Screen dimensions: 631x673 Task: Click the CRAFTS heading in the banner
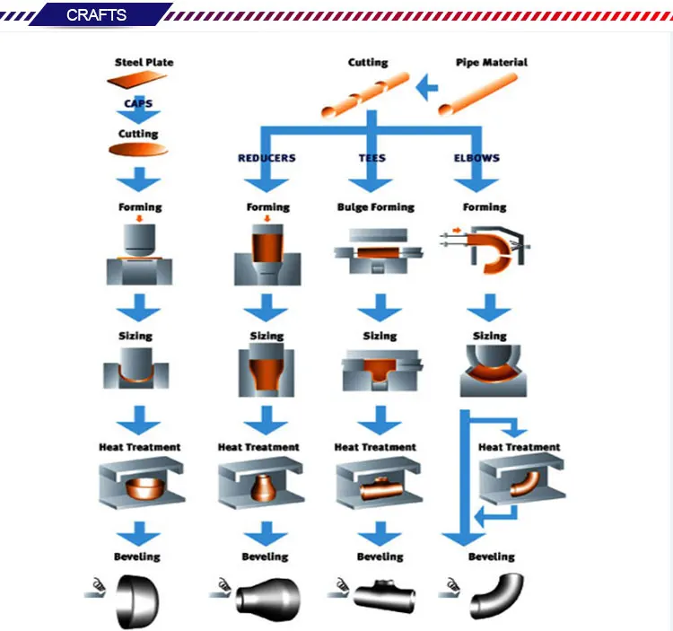tap(96, 15)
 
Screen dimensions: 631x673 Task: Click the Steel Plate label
tap(144, 63)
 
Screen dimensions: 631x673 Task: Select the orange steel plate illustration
tap(138, 82)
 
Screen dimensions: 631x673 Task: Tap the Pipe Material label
tap(491, 63)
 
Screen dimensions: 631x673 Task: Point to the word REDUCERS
tap(267, 158)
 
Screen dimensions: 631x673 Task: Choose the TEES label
tap(371, 158)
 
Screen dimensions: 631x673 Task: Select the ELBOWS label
tap(477, 158)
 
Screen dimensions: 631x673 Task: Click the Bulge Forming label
tap(376, 207)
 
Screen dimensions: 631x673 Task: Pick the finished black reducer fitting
tap(267, 596)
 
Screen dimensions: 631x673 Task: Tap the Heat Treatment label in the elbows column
tap(519, 447)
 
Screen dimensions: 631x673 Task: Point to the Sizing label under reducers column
tap(267, 337)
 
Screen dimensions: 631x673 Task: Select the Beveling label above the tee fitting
tap(380, 557)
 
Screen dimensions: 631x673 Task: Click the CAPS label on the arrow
tap(138, 104)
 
